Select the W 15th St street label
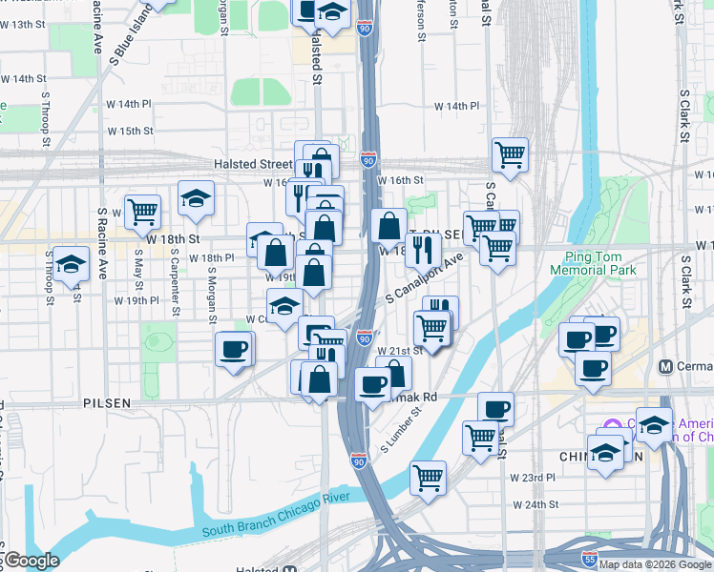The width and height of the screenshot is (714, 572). [x=131, y=131]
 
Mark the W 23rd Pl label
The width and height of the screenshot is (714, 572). [x=533, y=478]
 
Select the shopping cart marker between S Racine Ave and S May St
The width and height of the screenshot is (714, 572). [x=142, y=211]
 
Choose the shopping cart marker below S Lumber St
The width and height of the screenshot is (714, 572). [x=428, y=477]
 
